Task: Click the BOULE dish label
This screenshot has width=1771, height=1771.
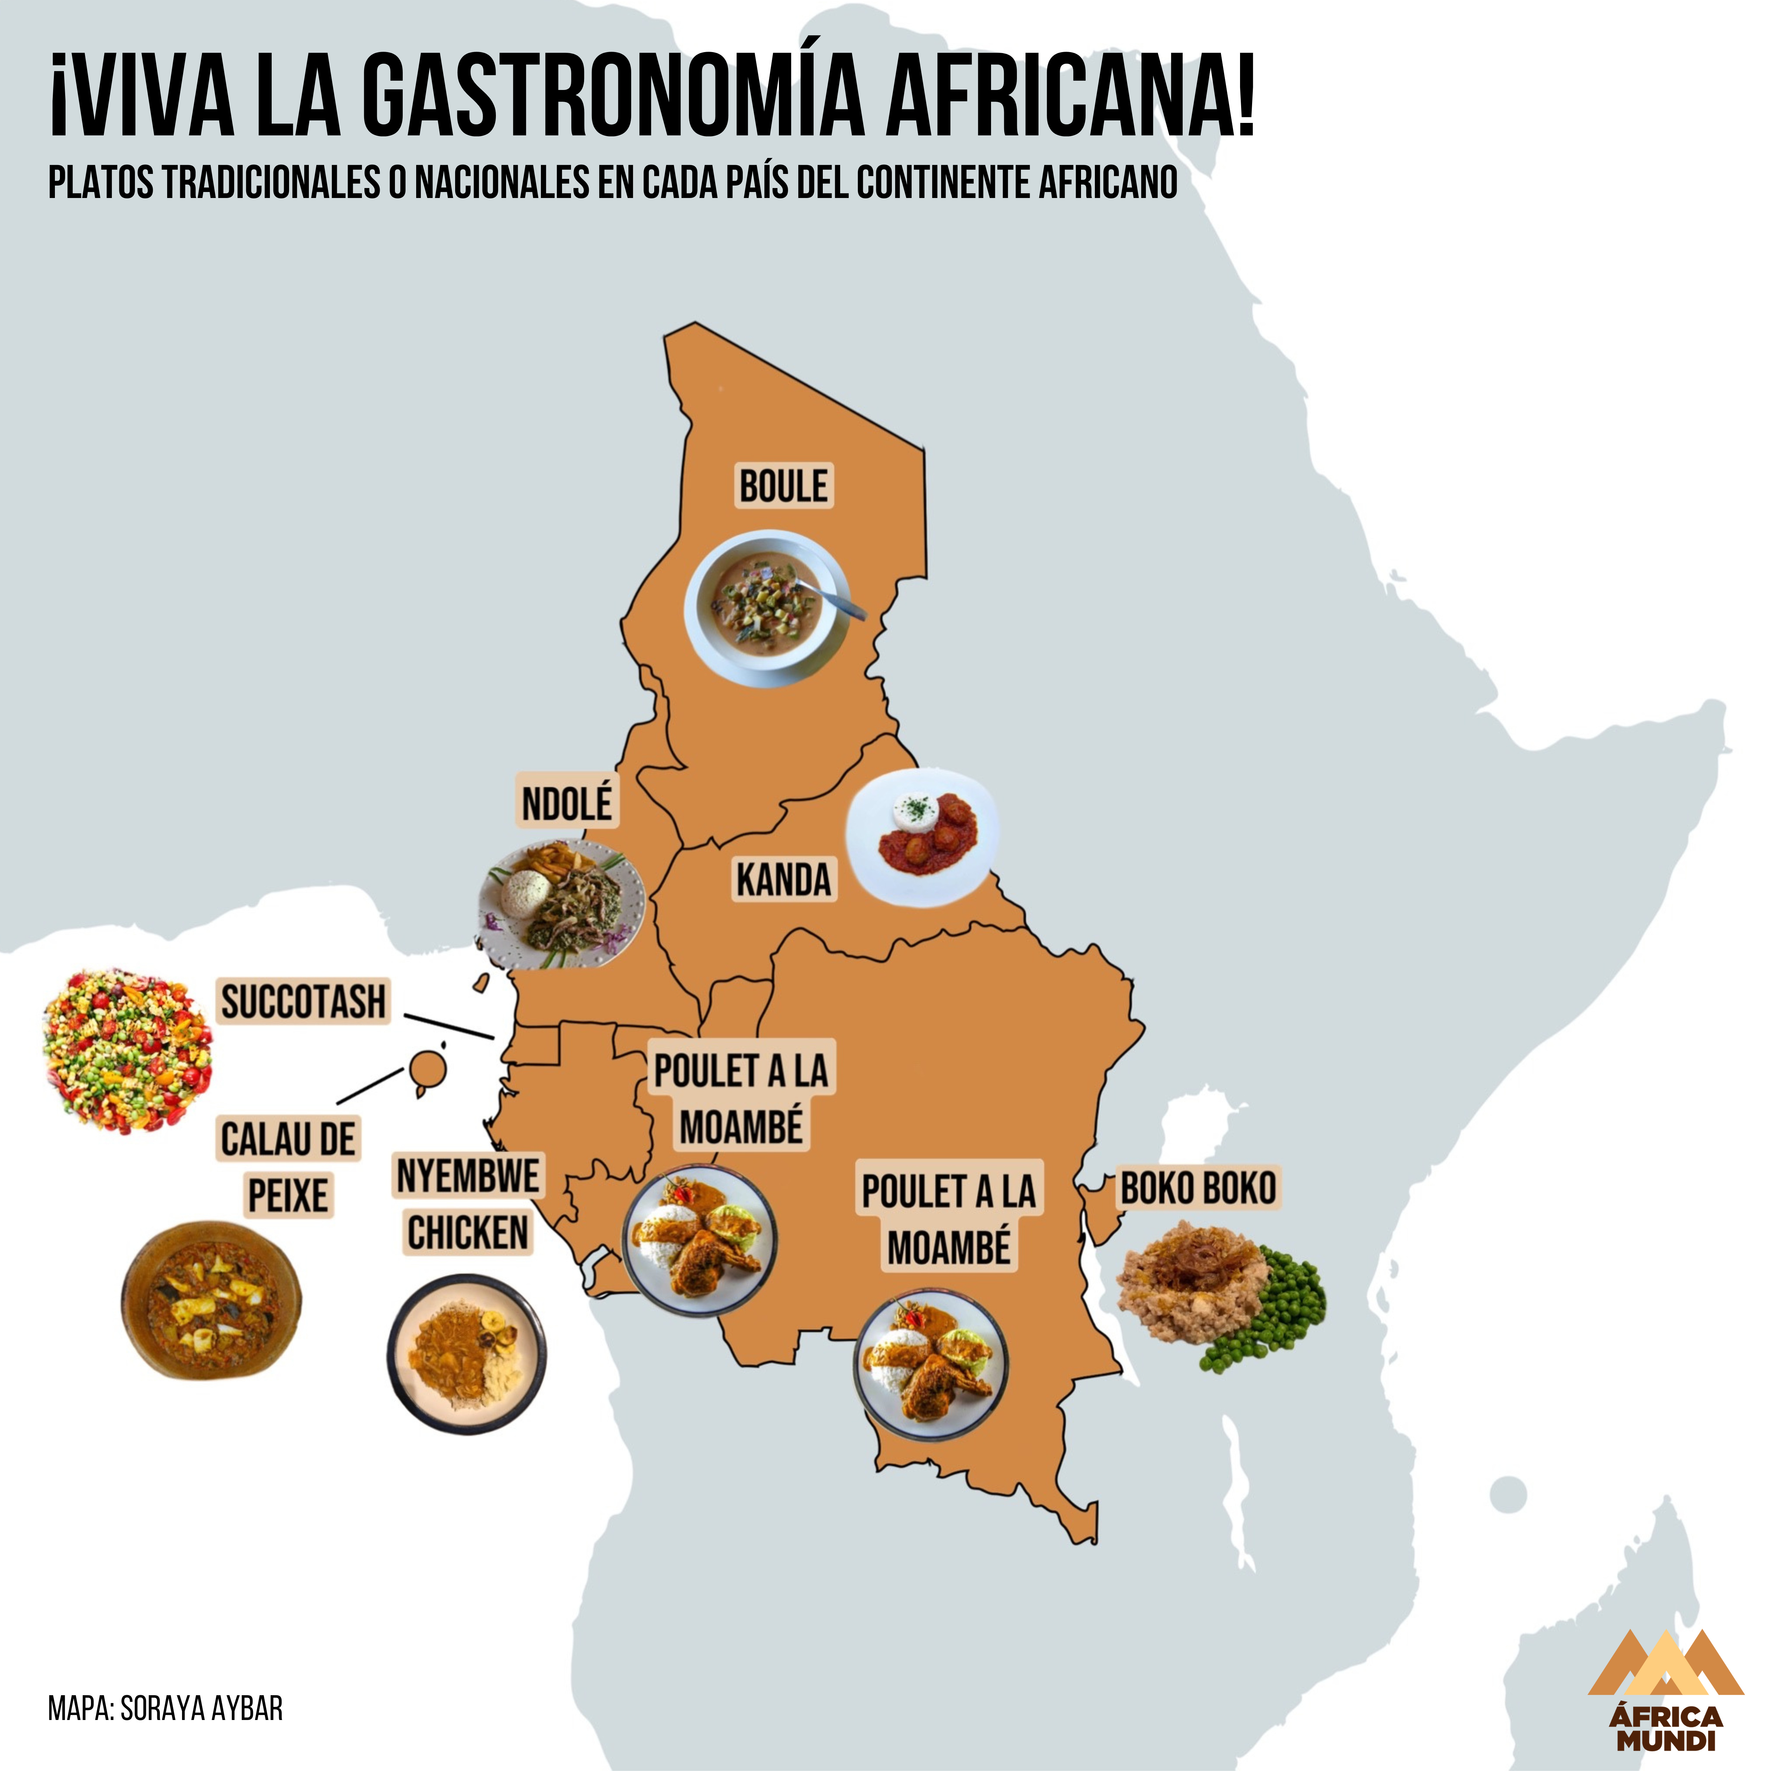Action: click(784, 486)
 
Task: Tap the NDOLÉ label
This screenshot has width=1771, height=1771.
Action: click(566, 804)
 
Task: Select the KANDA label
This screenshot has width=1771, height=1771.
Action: click(784, 880)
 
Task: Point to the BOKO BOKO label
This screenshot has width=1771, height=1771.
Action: click(1198, 1188)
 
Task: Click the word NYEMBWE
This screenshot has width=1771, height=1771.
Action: click(468, 1175)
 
